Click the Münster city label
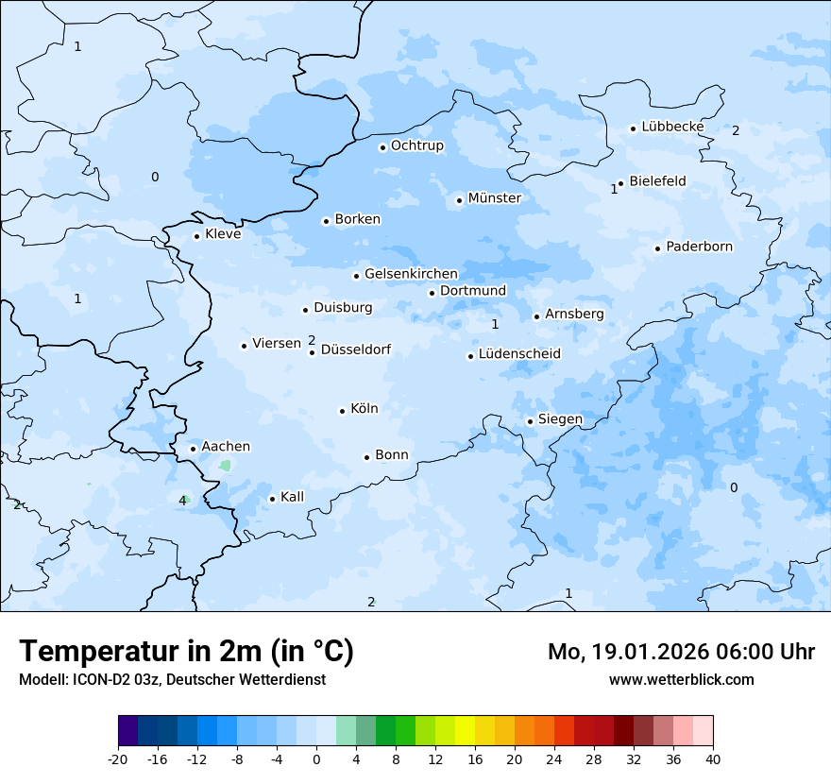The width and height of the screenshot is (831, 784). pos(494,198)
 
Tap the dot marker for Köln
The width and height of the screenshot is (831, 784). pos(343,411)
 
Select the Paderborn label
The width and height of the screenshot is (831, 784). pos(699,247)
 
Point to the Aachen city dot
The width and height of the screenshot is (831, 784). pos(193,449)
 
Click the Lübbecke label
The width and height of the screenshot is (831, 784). pos(672,127)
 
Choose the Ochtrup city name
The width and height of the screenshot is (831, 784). pos(416,146)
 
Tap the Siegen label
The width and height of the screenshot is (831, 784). pos(560,419)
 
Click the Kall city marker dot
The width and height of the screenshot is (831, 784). pos(272,499)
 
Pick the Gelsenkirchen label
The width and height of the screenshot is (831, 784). pos(411,274)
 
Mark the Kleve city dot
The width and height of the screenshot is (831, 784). pos(196,236)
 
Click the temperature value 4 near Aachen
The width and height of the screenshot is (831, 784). pos(182,501)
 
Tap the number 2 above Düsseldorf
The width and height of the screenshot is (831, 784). pos(312,340)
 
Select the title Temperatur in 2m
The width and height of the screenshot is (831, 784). pos(186,651)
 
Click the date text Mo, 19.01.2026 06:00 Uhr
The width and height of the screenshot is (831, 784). pos(681,652)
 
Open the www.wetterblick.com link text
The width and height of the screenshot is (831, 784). pos(681,679)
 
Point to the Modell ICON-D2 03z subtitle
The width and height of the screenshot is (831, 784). pos(172,679)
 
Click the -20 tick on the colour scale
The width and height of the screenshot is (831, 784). pos(118,758)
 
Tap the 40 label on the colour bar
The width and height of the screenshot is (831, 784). pos(713,758)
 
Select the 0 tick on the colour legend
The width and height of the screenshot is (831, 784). pos(316,758)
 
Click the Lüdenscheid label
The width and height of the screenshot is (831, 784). pos(519,354)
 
